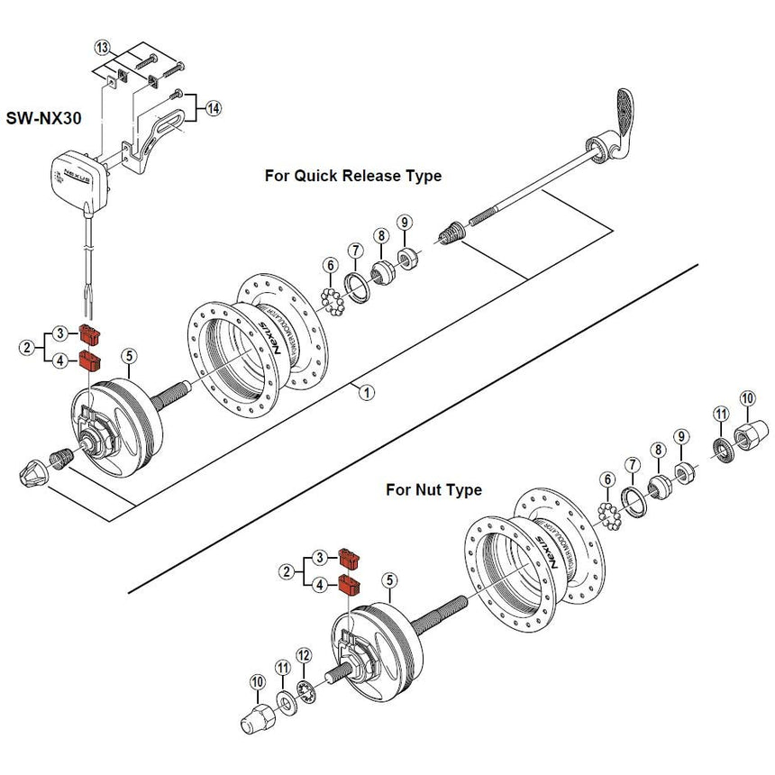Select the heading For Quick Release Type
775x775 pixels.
(352, 176)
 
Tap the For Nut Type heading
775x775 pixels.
(433, 490)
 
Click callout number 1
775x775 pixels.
(366, 391)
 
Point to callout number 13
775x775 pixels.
(102, 46)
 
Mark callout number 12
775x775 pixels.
(304, 655)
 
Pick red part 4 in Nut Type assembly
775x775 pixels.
(349, 587)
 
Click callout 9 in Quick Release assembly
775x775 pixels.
(405, 222)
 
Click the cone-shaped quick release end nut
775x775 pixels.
(32, 471)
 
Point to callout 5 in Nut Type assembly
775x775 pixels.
(389, 580)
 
